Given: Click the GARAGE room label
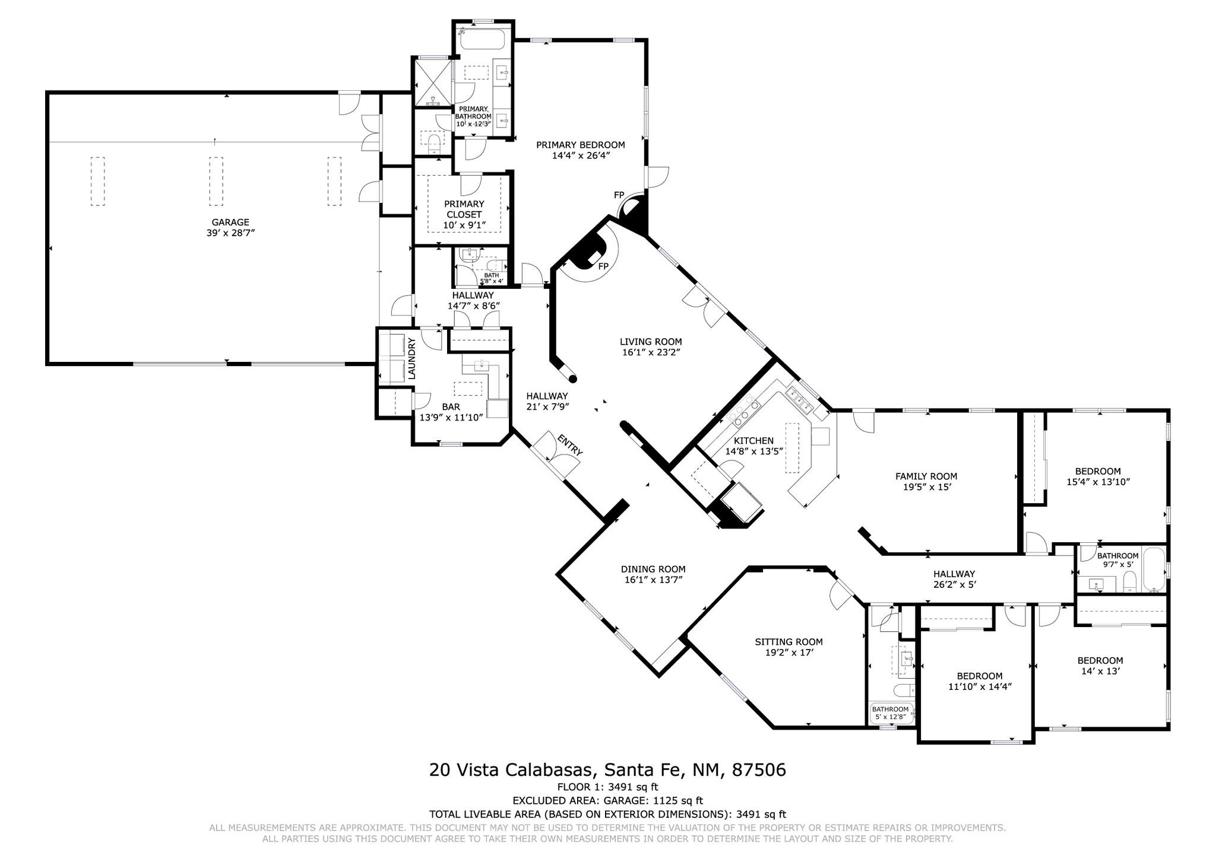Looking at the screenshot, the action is click(x=230, y=222).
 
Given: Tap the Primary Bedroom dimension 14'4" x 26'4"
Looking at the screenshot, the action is click(x=581, y=156).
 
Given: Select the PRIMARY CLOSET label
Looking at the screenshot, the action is click(x=464, y=209).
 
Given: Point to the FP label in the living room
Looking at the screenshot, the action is click(x=603, y=266).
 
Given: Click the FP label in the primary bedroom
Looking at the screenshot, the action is click(x=619, y=195).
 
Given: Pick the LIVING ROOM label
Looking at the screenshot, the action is click(x=651, y=342).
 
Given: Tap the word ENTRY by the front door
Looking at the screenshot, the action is click(x=570, y=445).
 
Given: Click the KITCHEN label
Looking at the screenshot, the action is click(x=753, y=441).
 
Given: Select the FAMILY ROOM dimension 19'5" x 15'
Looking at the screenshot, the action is click(x=926, y=487).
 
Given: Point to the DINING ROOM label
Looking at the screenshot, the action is click(x=653, y=569).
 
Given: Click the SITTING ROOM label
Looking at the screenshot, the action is click(x=788, y=641).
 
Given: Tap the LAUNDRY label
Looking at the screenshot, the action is click(x=411, y=358).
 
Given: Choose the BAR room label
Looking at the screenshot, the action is click(x=451, y=407).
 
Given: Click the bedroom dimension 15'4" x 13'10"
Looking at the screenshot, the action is click(x=1097, y=482).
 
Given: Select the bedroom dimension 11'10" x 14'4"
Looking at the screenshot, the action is click(x=980, y=686).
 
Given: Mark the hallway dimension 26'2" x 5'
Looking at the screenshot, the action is click(x=954, y=584).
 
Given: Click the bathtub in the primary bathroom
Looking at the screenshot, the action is click(x=482, y=40).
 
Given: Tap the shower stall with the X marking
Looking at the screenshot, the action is click(x=432, y=82).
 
